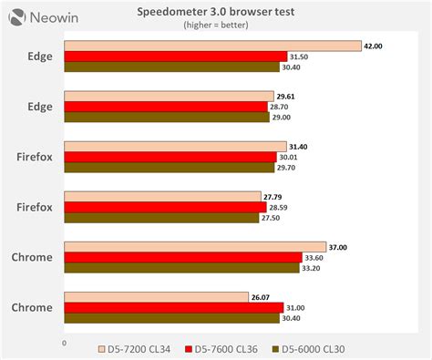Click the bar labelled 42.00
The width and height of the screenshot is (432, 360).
point(211,46)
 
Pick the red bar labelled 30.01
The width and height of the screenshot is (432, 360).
point(170,157)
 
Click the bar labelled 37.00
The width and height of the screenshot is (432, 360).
point(195,246)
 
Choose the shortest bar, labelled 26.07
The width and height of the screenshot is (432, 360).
point(157,297)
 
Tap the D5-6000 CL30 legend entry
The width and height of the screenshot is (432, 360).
point(315,349)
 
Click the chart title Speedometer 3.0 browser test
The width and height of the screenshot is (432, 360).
point(215,13)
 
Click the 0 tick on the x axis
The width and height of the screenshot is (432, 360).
point(64,343)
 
